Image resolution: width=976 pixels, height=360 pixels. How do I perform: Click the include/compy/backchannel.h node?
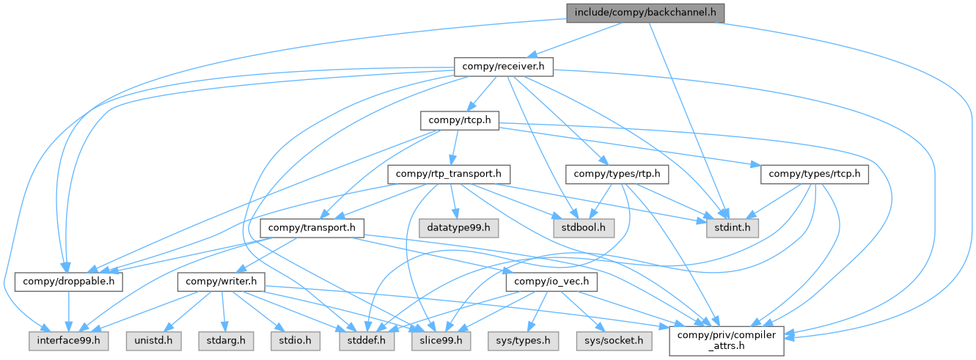(645, 12)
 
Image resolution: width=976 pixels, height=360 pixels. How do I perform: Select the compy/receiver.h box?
(502, 67)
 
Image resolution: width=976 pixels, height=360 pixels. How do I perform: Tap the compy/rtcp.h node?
(460, 120)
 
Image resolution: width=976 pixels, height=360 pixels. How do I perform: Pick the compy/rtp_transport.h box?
(448, 174)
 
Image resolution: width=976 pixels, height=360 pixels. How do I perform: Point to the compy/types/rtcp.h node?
(815, 174)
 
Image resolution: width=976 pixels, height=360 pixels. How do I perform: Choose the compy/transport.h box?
(312, 228)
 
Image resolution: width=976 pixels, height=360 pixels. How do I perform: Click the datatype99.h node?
(459, 228)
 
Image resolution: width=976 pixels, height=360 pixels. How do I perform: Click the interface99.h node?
(65, 340)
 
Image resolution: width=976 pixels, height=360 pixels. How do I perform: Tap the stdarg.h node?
(221, 340)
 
